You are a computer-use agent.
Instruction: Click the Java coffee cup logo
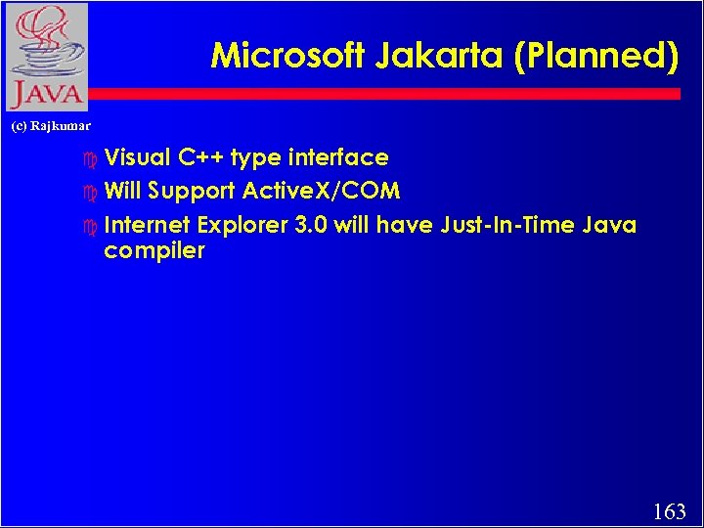click(45, 57)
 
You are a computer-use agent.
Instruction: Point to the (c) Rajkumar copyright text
click(50, 126)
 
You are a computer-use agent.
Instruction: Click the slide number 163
click(669, 510)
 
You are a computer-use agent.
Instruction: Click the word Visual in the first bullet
click(137, 157)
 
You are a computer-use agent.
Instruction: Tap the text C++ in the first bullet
click(200, 157)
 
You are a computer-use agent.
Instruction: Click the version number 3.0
click(312, 226)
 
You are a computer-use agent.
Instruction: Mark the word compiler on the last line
click(154, 251)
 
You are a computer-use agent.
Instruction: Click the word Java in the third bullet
click(609, 226)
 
